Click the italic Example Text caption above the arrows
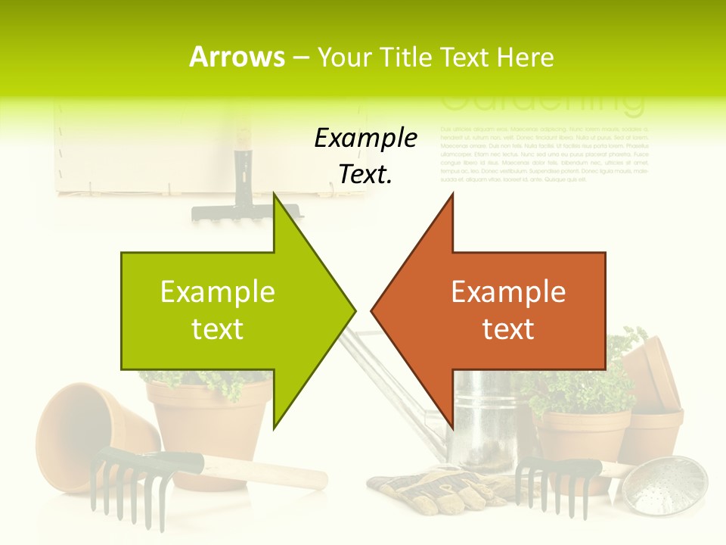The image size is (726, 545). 365,156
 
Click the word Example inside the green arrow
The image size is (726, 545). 218,292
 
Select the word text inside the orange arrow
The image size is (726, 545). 508,329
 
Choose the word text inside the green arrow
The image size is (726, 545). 218,329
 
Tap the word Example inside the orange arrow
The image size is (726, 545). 508,292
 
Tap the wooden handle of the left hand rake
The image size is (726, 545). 257,470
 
